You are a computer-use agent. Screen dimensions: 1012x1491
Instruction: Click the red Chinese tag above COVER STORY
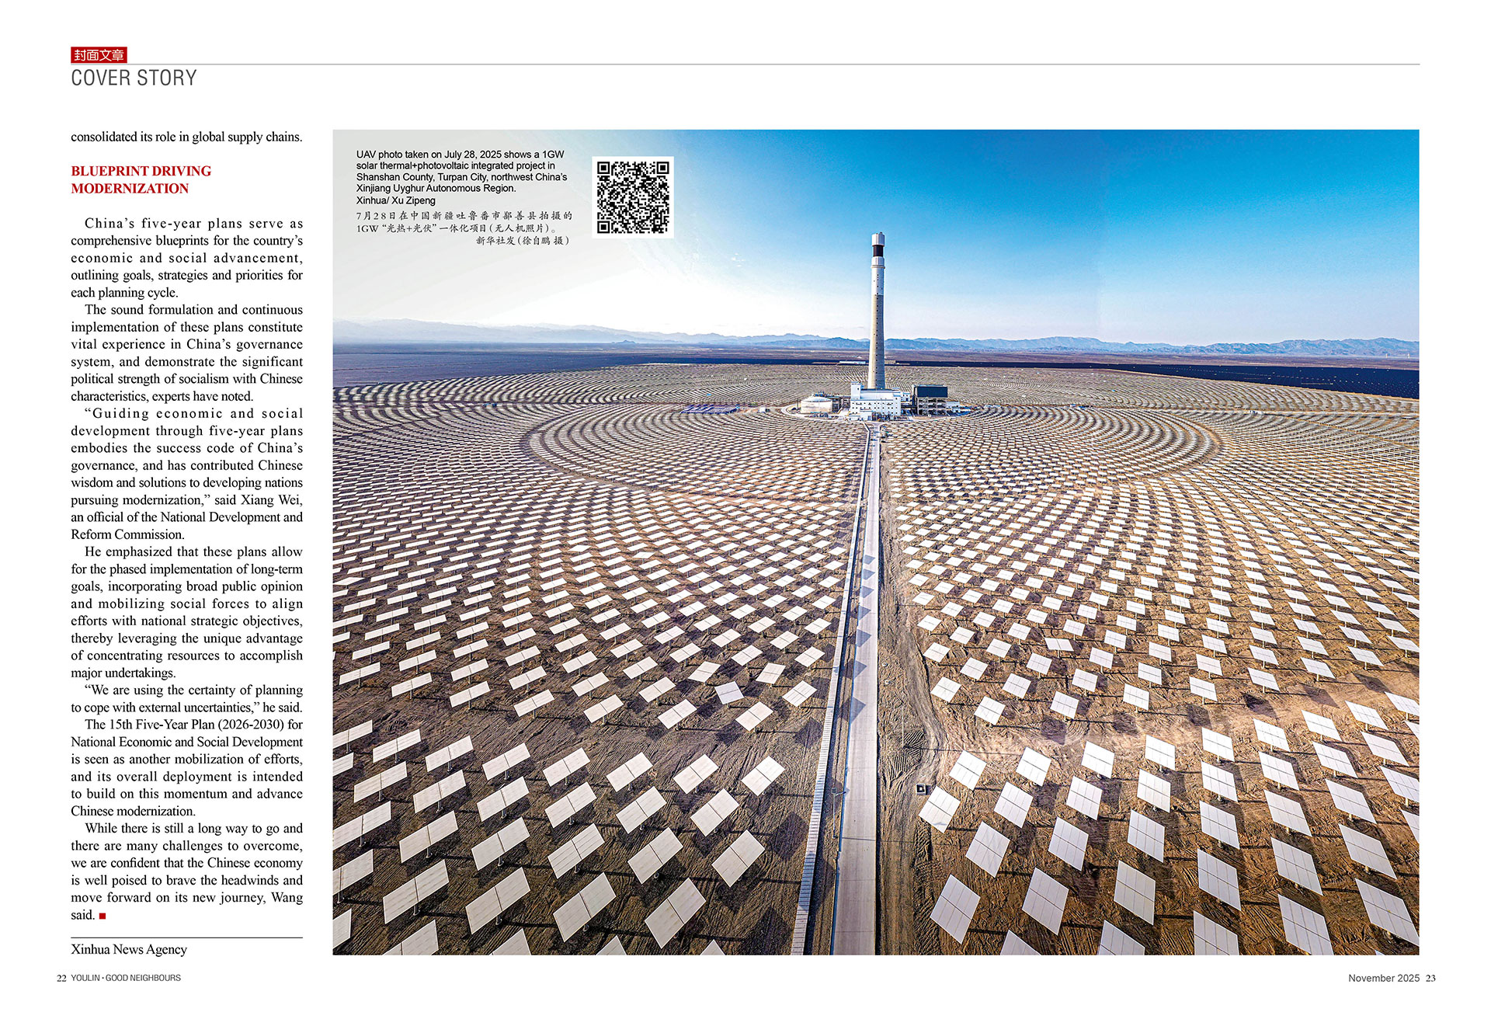(99, 55)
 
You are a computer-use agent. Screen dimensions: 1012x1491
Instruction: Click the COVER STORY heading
(134, 78)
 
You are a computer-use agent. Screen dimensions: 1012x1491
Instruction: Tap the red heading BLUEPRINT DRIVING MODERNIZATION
(141, 179)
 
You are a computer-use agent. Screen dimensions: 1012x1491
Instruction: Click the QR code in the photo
(633, 197)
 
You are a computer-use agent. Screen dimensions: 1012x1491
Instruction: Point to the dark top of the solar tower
(878, 247)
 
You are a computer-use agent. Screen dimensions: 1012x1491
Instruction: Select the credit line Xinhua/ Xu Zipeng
(395, 200)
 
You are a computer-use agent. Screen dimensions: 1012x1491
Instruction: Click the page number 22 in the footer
(61, 978)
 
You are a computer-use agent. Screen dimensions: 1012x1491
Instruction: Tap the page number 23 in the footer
(1430, 978)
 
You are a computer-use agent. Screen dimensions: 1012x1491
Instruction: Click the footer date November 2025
(1383, 978)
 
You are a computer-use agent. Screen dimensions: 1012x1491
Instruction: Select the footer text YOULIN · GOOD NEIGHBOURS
(126, 978)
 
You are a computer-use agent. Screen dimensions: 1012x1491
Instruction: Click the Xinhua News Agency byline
(129, 949)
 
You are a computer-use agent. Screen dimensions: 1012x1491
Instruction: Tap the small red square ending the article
(103, 916)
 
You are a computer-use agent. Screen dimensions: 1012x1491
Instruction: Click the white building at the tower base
(874, 401)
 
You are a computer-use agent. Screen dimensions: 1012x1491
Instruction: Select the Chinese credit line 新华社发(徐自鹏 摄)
(523, 241)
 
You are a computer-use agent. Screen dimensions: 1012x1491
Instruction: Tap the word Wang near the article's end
(287, 898)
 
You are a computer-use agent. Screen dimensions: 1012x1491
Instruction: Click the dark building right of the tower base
(929, 398)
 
